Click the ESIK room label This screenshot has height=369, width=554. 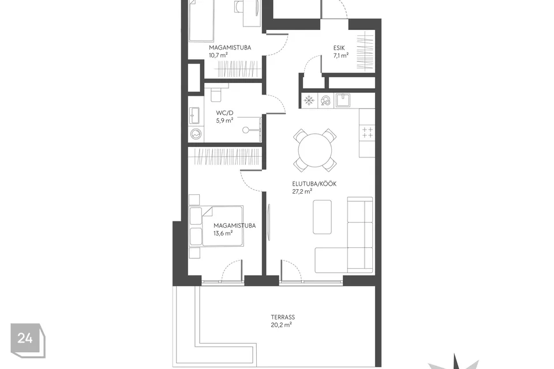click(339, 48)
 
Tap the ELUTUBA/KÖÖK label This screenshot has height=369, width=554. click(314, 183)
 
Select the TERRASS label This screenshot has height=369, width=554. click(283, 317)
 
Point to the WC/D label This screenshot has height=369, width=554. click(224, 113)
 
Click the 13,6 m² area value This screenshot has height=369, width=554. click(223, 233)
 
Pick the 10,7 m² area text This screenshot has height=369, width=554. click(218, 55)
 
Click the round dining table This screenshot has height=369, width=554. click(315, 150)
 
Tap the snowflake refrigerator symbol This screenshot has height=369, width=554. click(309, 101)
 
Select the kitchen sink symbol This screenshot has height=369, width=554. click(342, 100)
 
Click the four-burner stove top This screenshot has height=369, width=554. click(367, 133)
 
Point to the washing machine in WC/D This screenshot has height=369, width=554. click(196, 134)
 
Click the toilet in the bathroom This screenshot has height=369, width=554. click(215, 93)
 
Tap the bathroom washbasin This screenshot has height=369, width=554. click(194, 115)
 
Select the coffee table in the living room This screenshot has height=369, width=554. click(322, 217)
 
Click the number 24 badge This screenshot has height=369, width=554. click(28, 340)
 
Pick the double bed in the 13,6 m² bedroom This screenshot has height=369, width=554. click(216, 226)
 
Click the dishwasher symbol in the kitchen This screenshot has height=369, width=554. click(325, 101)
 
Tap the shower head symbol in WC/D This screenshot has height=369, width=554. click(246, 130)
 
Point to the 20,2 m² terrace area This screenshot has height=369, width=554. click(281, 325)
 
